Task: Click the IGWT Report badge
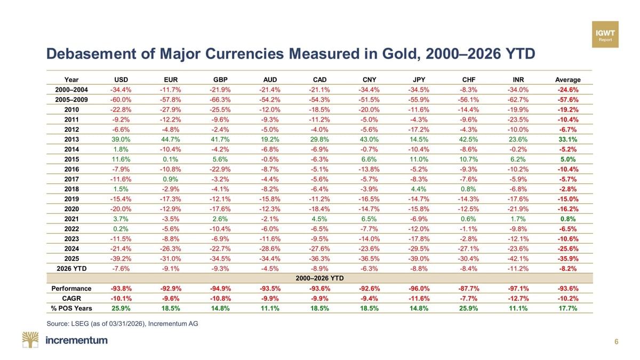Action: (605, 35)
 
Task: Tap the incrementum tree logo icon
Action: (30, 340)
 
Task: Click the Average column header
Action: (566, 80)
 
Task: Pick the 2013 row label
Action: (71, 139)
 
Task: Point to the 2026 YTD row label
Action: (71, 268)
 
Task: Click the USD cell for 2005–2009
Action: (122, 100)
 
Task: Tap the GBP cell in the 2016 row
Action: (220, 169)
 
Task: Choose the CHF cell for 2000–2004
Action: (467, 90)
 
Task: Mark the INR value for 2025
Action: (517, 258)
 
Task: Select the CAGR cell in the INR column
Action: (517, 298)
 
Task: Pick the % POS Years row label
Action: (71, 308)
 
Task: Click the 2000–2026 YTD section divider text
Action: (319, 278)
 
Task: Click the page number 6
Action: (617, 342)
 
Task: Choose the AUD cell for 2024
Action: (270, 249)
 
